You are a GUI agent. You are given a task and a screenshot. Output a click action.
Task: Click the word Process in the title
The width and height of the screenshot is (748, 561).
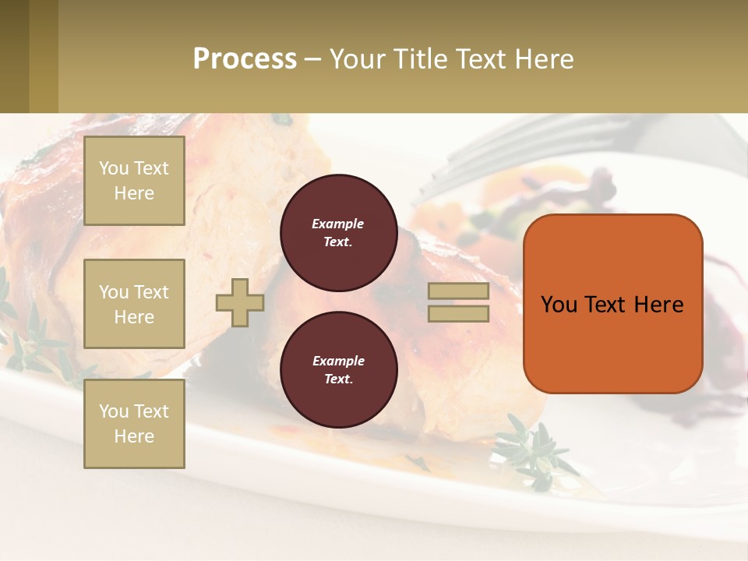[x=245, y=58]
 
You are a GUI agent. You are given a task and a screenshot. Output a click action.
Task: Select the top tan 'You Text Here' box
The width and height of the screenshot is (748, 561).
[x=134, y=181]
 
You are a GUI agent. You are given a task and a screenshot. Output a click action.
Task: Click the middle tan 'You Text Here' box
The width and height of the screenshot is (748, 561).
[x=134, y=304]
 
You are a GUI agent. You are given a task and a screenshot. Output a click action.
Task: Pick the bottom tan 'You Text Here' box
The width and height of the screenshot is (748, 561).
[x=134, y=424]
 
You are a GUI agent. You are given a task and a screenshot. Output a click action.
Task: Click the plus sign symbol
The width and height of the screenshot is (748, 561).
[x=240, y=302]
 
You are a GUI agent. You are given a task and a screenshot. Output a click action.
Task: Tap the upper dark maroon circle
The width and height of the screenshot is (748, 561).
[x=338, y=233]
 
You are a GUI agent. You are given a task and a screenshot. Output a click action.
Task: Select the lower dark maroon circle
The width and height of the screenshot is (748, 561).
[x=338, y=370]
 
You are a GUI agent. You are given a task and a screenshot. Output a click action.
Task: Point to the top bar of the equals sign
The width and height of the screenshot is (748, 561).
[x=458, y=291]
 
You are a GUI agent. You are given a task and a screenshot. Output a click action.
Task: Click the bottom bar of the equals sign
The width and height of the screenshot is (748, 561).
[x=458, y=313]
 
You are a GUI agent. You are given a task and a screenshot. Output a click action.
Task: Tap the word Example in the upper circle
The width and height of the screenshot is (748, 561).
[x=338, y=224]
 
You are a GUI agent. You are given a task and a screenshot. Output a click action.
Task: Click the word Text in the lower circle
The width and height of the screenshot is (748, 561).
[x=337, y=379]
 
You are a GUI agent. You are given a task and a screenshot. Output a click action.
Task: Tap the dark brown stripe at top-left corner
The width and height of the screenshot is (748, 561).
[x=14, y=56]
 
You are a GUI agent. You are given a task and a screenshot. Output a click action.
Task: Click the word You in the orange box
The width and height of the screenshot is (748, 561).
[x=559, y=304]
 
